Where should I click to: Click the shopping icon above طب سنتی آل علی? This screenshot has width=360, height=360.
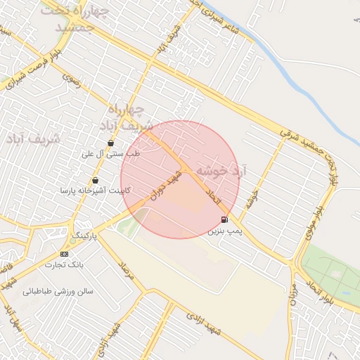pyautogui.click(x=111, y=143)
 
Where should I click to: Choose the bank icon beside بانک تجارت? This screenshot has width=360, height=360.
pyautogui.click(x=65, y=254)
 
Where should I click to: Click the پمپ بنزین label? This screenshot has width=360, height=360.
pyautogui.click(x=226, y=231)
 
